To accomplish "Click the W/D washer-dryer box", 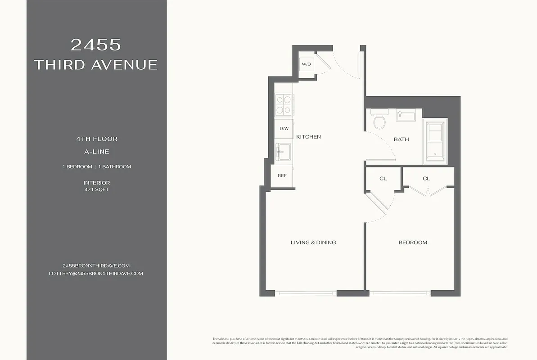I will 307,64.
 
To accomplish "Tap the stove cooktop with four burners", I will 284,104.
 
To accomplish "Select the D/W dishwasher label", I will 284,129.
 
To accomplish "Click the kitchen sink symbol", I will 284,152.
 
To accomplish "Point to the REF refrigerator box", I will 282,175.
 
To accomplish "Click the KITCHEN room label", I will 308,137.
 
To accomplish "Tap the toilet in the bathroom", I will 379,120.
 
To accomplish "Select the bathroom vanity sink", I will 406,116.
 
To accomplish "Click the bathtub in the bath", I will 435,141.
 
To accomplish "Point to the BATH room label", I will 401,139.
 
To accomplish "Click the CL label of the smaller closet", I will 383,179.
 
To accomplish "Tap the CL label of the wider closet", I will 426,179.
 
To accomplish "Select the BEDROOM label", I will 413,243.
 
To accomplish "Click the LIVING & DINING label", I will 313,243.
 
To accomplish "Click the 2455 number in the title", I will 96,45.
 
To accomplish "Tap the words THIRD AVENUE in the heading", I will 96,65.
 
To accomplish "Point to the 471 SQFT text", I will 96,189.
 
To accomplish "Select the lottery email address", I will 96,274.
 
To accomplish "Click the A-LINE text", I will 96,152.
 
